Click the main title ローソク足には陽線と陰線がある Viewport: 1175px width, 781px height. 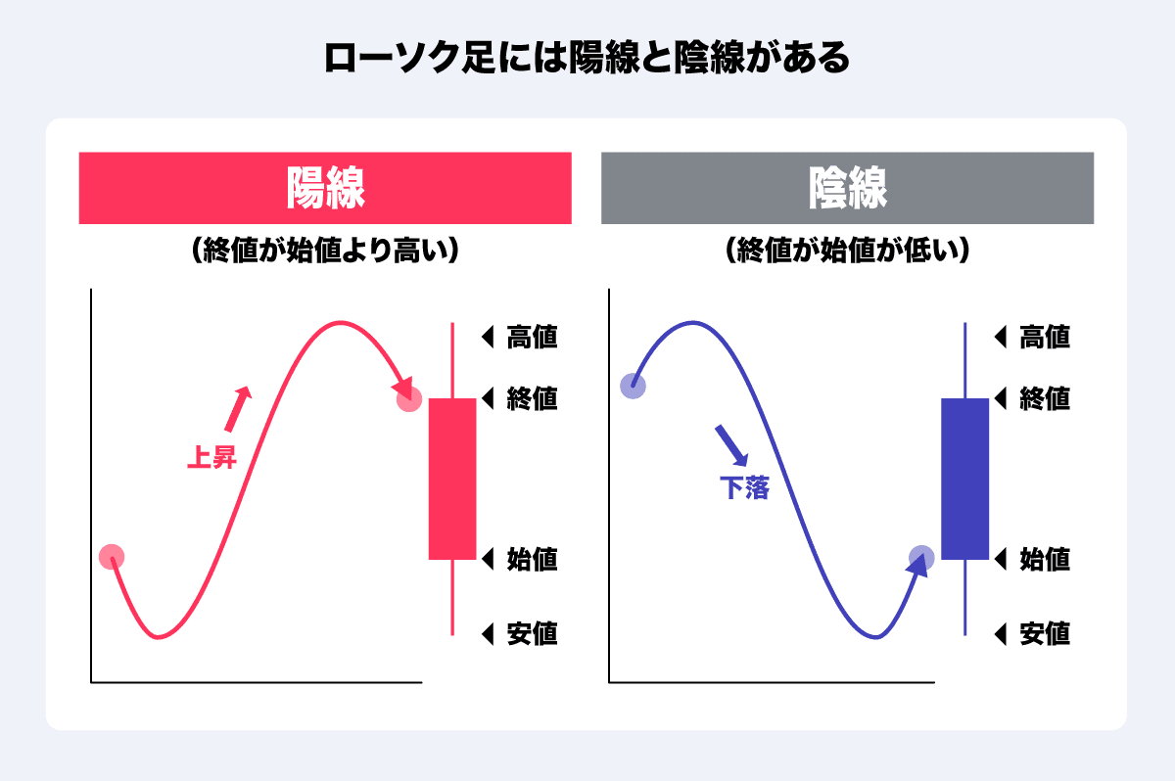click(587, 57)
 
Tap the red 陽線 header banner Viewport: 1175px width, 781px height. click(325, 188)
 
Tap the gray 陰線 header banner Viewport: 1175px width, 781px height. click(847, 188)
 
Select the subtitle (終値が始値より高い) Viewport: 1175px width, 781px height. click(325, 250)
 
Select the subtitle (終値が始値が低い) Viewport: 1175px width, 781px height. click(847, 250)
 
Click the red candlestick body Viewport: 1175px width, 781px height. click(452, 480)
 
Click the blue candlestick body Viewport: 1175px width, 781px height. click(964, 480)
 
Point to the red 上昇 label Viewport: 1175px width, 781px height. click(211, 457)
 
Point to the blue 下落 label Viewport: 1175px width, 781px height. click(744, 488)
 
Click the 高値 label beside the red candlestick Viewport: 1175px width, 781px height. click(532, 337)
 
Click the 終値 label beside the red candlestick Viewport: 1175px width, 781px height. click(532, 399)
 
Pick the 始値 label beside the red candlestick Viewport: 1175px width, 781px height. click(532, 559)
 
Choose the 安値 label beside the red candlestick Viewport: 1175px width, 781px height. click(532, 634)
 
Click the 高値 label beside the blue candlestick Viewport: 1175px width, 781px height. click(1045, 337)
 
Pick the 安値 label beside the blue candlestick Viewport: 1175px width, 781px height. click(1045, 634)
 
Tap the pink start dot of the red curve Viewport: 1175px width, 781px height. click(112, 557)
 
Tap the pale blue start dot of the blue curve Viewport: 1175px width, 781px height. click(633, 387)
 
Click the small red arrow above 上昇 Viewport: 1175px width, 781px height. click(238, 409)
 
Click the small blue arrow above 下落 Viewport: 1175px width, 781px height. click(731, 445)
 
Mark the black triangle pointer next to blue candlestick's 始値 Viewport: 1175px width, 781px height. click(1000, 559)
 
